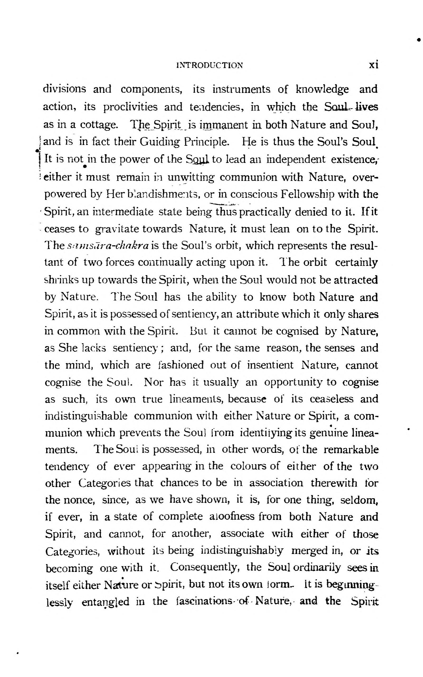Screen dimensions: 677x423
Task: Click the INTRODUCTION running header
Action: point(210,65)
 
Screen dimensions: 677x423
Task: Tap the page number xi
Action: point(374,65)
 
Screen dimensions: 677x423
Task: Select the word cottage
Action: point(99,125)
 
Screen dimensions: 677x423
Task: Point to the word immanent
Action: point(224,125)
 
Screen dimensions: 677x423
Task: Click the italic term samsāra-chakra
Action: point(109,246)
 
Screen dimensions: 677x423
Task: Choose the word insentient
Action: point(270,365)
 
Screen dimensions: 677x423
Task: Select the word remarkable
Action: point(351,450)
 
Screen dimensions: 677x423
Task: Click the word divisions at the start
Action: point(65,90)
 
